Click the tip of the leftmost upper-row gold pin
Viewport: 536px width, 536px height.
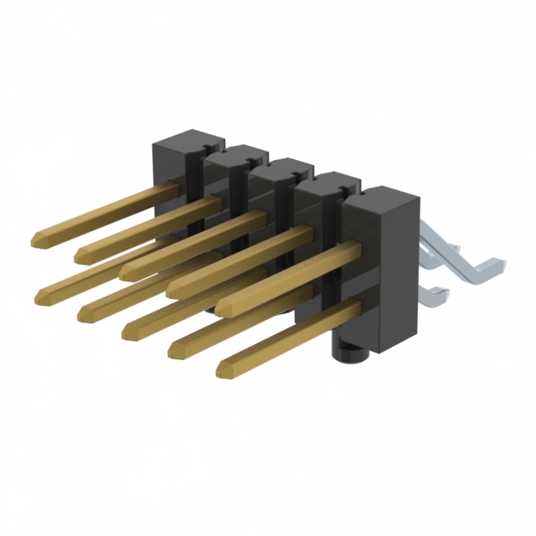(36, 241)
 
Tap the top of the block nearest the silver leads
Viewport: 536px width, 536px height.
(382, 197)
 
